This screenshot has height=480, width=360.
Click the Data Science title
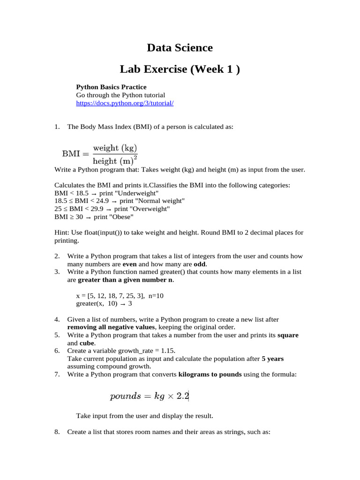click(180, 48)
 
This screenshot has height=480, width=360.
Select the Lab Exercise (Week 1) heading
click(180, 70)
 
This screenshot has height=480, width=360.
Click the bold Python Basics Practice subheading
click(111, 87)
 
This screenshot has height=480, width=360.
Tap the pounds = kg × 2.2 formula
click(149, 396)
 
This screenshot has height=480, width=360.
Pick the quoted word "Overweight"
click(149, 209)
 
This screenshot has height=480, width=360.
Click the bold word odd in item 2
click(200, 264)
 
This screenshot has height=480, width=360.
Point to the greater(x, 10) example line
click(104, 303)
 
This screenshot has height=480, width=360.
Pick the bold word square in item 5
click(288, 336)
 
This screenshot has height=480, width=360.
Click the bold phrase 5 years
click(272, 359)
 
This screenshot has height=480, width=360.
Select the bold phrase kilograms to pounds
click(210, 374)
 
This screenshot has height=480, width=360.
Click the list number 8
click(57, 432)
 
